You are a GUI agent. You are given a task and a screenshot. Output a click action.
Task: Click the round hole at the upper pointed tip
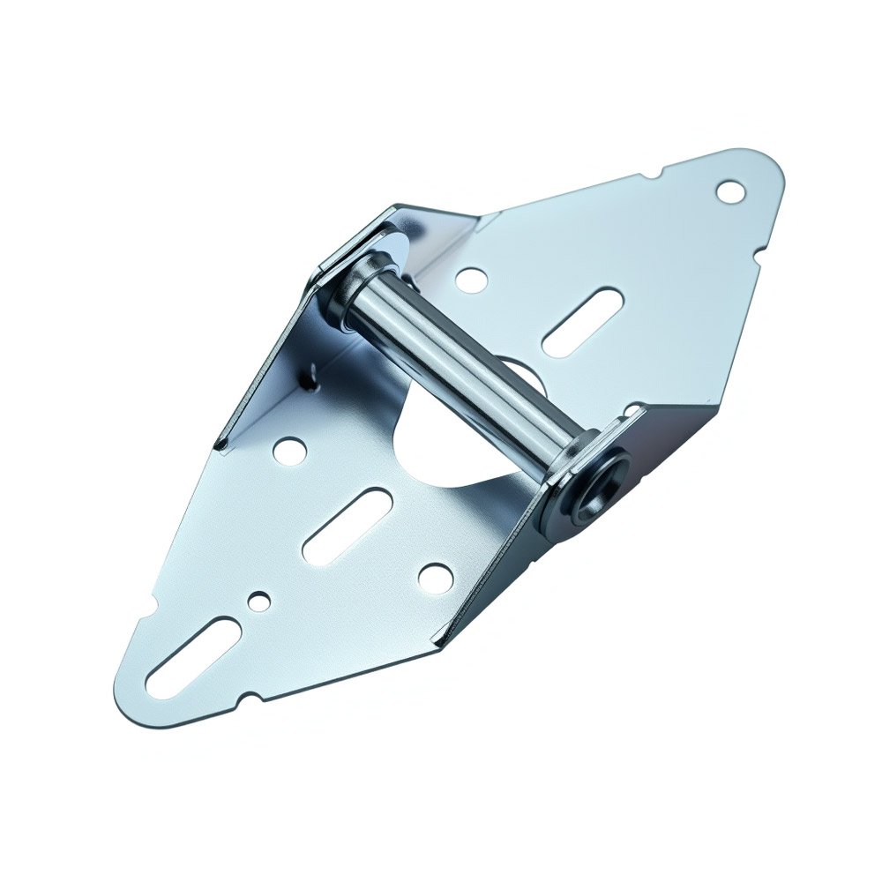729,190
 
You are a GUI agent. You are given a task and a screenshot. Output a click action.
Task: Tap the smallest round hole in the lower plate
258,602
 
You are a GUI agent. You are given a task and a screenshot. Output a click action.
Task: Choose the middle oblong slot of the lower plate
348,527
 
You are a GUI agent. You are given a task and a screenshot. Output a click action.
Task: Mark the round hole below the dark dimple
287,451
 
